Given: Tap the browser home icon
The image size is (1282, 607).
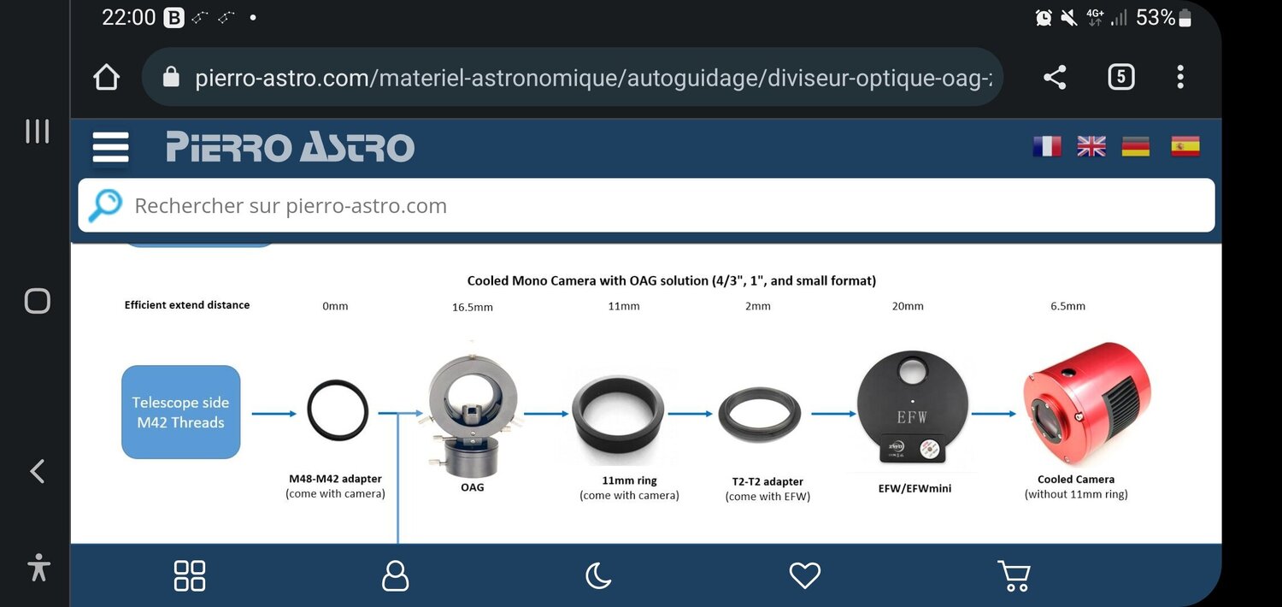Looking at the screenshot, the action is [x=107, y=77].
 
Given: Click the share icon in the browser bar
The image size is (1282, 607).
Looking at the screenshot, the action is [x=1055, y=77].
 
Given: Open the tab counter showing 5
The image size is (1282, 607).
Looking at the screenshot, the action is [x=1120, y=77].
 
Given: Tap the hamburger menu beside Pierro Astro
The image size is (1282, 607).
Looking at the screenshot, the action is [x=110, y=147].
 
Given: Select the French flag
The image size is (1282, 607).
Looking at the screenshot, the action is [x=1047, y=146].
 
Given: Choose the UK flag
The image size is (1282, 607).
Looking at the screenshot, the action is [x=1091, y=146].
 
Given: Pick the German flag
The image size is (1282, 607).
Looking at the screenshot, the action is [x=1136, y=146].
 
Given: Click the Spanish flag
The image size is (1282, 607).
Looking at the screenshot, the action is [x=1185, y=146].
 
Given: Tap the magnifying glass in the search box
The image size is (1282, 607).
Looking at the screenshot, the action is [x=105, y=205].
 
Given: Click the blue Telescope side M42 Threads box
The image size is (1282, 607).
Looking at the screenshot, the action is [x=181, y=412].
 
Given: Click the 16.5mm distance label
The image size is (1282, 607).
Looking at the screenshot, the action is [x=472, y=307].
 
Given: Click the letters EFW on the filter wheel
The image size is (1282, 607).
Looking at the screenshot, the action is [x=912, y=417].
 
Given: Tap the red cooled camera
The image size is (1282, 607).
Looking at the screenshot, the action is [x=1087, y=404].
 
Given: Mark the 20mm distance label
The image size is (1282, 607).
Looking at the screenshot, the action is [x=908, y=306].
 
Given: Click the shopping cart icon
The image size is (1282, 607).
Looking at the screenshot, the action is [x=1014, y=575].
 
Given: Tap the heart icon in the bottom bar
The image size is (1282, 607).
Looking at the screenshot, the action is [x=805, y=575].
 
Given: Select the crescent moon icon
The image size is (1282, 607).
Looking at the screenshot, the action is [x=598, y=575].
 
